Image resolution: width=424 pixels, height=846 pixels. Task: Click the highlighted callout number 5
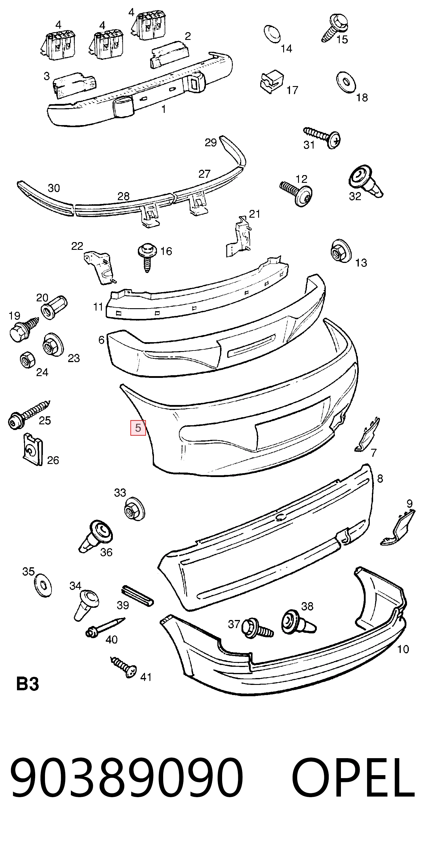coord(138,428)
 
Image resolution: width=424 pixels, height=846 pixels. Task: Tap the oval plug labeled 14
coord(272,33)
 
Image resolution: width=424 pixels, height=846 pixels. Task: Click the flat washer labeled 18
coord(346,82)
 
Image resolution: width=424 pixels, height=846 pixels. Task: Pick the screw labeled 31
coord(322,137)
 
